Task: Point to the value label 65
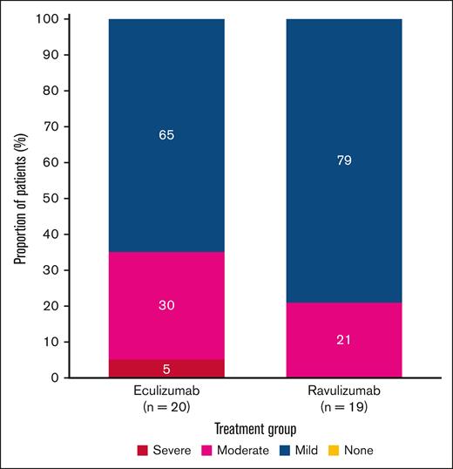(x=166, y=136)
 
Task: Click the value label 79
(x=344, y=160)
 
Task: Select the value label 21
(x=344, y=340)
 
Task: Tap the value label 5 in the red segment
(x=166, y=369)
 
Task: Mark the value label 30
(x=166, y=305)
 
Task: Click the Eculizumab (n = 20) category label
(x=166, y=398)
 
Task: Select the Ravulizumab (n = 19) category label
(x=344, y=398)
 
